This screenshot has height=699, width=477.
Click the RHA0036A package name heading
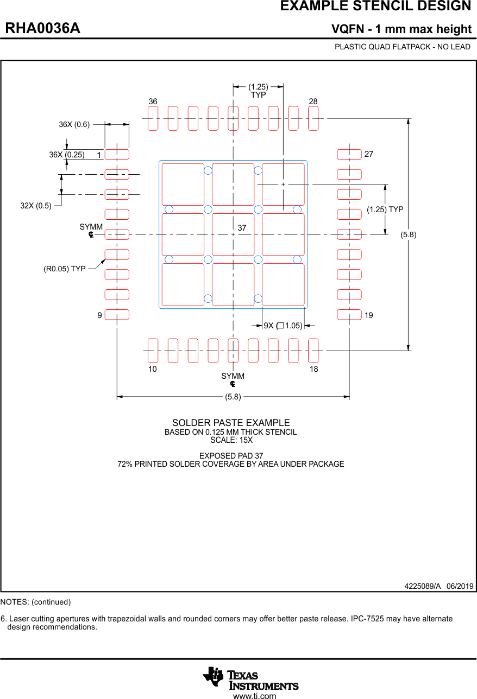(x=43, y=29)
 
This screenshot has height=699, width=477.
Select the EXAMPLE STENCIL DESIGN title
(x=375, y=7)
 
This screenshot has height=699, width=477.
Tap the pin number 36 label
(x=153, y=101)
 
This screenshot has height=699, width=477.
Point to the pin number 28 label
(x=313, y=101)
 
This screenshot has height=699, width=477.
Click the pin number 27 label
(x=369, y=154)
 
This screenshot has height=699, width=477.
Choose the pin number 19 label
(x=369, y=315)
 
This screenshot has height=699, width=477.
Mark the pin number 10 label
(x=153, y=369)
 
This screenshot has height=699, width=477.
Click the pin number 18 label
(x=313, y=369)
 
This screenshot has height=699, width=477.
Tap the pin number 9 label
(x=100, y=315)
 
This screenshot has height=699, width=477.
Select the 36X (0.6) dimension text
(x=74, y=124)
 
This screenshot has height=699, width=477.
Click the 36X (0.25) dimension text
(x=67, y=155)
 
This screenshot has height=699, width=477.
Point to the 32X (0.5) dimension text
(x=36, y=206)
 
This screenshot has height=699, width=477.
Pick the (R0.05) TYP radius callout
(x=65, y=269)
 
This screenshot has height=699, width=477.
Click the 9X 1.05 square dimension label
(x=283, y=326)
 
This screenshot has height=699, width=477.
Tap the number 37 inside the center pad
(x=242, y=228)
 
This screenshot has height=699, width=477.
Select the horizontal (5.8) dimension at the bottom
(x=233, y=397)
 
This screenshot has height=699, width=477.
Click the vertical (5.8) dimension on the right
(x=409, y=234)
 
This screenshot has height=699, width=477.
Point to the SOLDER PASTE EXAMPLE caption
(x=231, y=423)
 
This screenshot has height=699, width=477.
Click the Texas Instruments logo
(x=251, y=678)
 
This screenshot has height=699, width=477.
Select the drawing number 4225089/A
(x=422, y=586)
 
